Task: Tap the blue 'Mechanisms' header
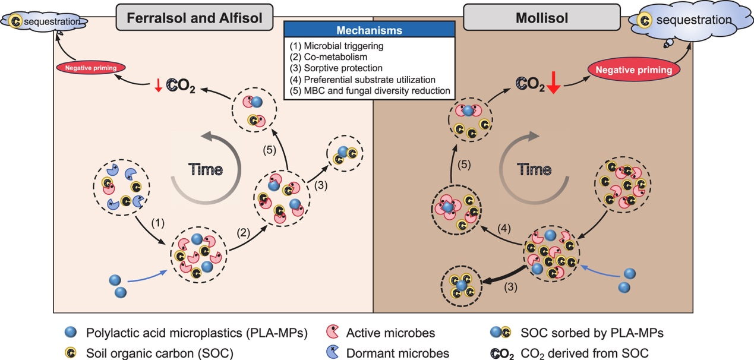(x=369, y=30)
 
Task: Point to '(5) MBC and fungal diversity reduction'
(x=368, y=91)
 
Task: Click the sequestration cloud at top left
(x=45, y=22)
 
